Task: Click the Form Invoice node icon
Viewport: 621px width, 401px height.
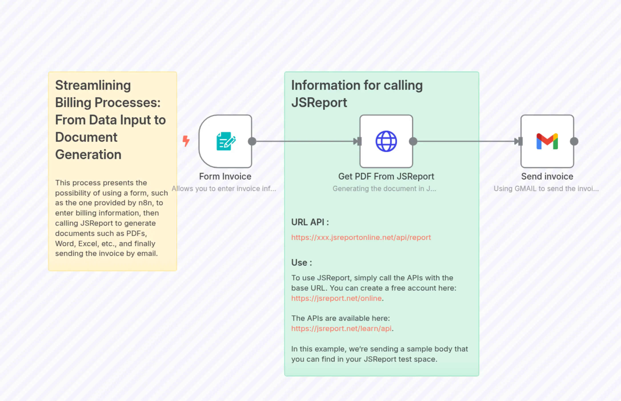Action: pyautogui.click(x=226, y=141)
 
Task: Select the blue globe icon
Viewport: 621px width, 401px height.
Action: pyautogui.click(x=386, y=141)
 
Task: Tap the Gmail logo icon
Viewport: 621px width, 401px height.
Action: pyautogui.click(x=547, y=141)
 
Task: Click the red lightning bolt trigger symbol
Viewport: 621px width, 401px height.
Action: pyautogui.click(x=186, y=141)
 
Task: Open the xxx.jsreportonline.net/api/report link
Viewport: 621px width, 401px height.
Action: pyautogui.click(x=361, y=237)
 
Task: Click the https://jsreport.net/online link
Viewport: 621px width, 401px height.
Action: pyautogui.click(x=336, y=298)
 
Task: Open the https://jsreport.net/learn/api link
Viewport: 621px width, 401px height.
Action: pyautogui.click(x=341, y=328)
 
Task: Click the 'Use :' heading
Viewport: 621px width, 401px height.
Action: pyautogui.click(x=301, y=262)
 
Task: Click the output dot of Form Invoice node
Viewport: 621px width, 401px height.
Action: pyautogui.click(x=252, y=141)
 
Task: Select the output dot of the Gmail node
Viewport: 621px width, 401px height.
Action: pyautogui.click(x=574, y=141)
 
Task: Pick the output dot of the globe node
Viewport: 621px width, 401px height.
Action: pyautogui.click(x=413, y=141)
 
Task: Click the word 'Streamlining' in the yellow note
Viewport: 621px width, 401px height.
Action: pyautogui.click(x=93, y=85)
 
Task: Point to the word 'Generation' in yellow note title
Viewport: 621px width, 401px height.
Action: pyautogui.click(x=88, y=154)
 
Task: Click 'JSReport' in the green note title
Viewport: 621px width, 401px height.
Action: pyautogui.click(x=319, y=103)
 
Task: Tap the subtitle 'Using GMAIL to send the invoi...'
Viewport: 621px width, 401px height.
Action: pyautogui.click(x=546, y=189)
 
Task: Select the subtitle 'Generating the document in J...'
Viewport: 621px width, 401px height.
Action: pyautogui.click(x=384, y=189)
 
